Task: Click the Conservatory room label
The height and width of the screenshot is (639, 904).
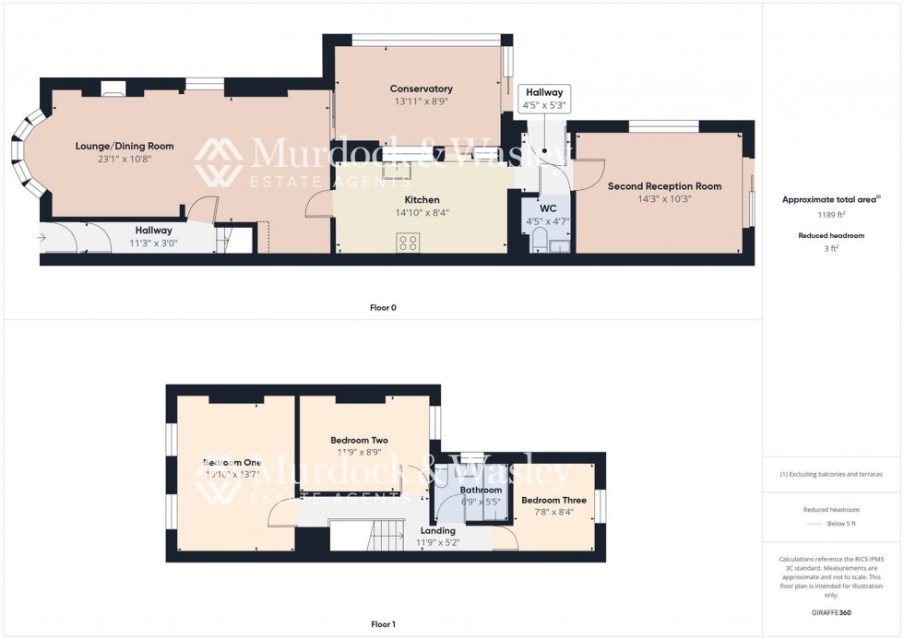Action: point(421,89)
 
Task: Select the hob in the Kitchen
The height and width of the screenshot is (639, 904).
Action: point(408,243)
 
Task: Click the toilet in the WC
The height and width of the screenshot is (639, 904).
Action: point(541,242)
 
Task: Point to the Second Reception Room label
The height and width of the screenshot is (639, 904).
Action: point(664,186)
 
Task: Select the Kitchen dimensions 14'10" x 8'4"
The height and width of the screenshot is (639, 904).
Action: point(422,212)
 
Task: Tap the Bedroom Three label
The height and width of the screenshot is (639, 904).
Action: point(553,500)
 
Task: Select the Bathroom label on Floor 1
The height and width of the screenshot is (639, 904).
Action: point(481,490)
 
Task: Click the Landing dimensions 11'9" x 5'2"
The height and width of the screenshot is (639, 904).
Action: point(438,542)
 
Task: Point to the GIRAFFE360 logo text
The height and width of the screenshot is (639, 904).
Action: point(833,611)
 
